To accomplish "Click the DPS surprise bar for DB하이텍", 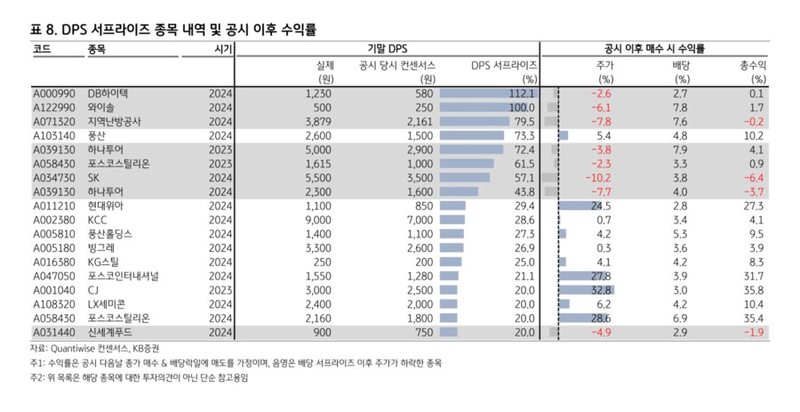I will coord(487,93).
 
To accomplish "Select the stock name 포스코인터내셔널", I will coord(123,276).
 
